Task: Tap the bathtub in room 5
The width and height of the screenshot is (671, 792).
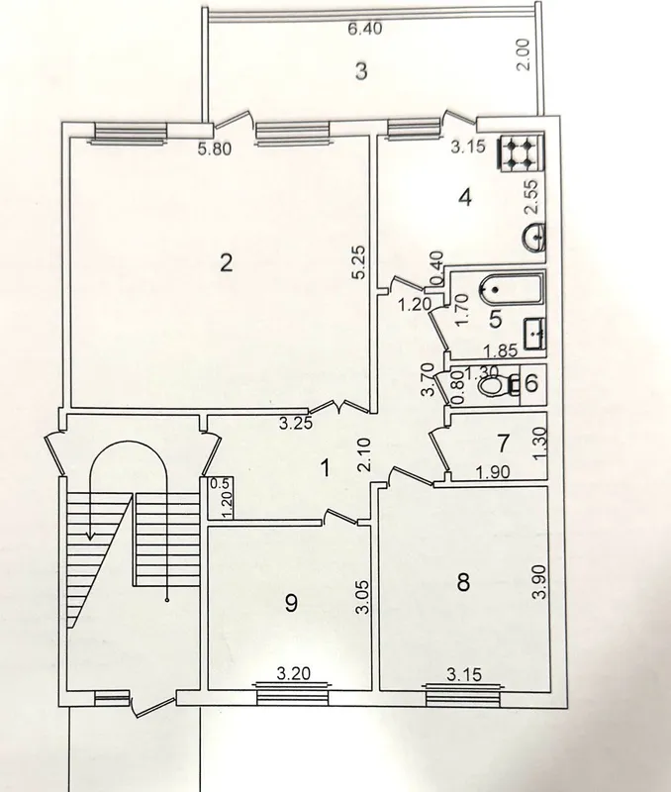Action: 510,289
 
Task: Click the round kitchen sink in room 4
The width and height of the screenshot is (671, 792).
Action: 534,237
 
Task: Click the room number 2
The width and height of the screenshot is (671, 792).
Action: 227,262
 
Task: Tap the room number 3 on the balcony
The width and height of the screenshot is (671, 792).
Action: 361,71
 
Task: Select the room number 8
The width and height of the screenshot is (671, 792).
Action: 463,582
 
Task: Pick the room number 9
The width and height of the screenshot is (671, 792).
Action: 291,603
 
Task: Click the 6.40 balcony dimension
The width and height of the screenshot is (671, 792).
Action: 365,29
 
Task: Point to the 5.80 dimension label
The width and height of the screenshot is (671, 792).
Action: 215,149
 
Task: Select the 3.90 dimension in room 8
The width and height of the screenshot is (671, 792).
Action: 539,581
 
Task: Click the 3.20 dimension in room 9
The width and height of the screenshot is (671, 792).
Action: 294,673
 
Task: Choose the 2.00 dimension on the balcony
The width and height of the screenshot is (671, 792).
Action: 525,54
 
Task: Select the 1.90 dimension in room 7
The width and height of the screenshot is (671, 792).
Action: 492,472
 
